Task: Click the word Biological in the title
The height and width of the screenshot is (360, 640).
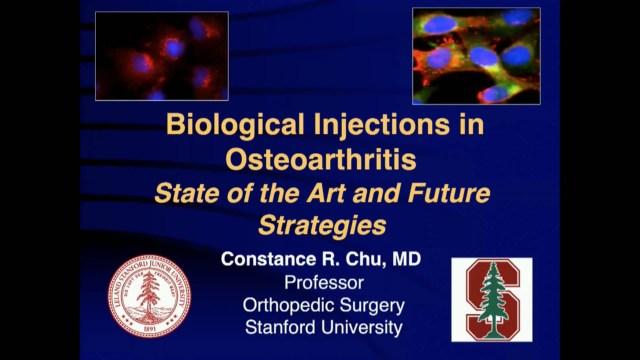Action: pos(235,125)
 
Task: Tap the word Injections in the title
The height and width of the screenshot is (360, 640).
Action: pos(382,125)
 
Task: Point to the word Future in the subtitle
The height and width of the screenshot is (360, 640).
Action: pos(449,193)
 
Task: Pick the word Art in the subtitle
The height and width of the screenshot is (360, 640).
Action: pos(326,193)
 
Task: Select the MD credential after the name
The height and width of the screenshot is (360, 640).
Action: pos(407,259)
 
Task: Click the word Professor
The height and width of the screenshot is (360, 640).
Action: pos(324,283)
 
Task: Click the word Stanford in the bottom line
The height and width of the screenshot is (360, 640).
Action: pos(280,327)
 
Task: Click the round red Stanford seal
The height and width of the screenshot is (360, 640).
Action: pos(149,296)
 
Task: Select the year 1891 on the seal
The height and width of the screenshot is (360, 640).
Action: pos(150,329)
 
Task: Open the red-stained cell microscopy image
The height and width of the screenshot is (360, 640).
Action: pos(162,56)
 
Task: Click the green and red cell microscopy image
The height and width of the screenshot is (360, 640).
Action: pos(476,56)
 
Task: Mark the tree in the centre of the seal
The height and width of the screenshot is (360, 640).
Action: pos(148,293)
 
